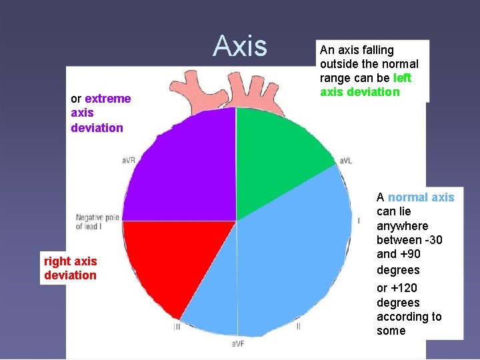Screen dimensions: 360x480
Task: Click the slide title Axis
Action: (239, 47)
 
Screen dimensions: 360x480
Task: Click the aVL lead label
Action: (346, 161)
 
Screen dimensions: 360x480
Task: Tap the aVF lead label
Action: (238, 344)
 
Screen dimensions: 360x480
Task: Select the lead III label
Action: (177, 327)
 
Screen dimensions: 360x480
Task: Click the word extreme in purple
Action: (108, 99)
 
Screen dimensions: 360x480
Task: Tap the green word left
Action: (403, 78)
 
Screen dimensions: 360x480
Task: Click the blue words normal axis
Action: (421, 197)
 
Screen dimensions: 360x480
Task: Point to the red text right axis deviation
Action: (70, 268)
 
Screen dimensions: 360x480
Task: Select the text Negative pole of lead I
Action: (97, 221)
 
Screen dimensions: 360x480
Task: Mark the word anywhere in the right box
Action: (403, 226)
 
